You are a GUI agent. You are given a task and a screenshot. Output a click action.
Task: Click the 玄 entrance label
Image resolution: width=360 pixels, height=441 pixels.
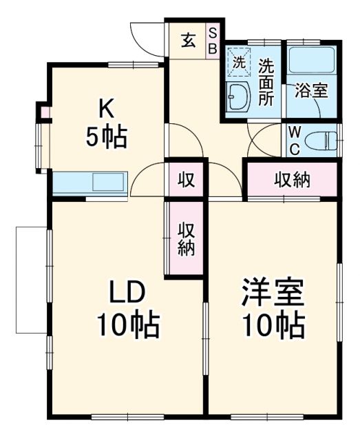[x=188, y=40]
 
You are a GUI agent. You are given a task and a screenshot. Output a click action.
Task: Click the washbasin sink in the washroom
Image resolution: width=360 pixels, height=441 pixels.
[x=238, y=96]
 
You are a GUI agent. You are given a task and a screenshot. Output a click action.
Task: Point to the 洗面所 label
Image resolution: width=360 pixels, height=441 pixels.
[x=266, y=82]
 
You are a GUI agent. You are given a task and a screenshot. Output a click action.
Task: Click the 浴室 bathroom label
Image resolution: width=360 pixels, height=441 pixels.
[x=311, y=90]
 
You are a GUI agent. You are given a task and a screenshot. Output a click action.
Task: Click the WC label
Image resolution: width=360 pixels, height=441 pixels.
[x=294, y=140]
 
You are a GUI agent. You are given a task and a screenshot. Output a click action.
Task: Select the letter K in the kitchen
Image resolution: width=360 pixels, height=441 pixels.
[x=105, y=107]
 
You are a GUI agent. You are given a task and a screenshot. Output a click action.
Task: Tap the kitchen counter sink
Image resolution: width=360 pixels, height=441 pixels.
[x=107, y=183]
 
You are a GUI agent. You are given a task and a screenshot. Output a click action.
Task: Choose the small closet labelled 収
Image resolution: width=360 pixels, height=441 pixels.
[x=187, y=180]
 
